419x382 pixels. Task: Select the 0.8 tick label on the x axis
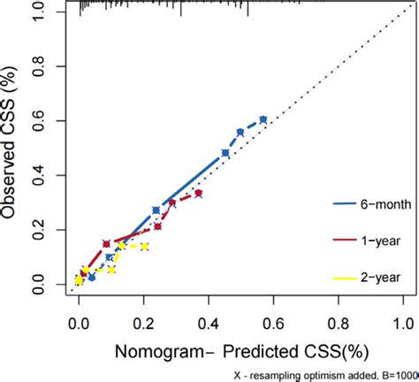click(x=339, y=325)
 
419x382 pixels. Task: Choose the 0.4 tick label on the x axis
click(x=209, y=325)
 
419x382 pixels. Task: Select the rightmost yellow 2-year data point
click(x=144, y=247)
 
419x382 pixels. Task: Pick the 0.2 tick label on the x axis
click(x=143, y=325)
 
